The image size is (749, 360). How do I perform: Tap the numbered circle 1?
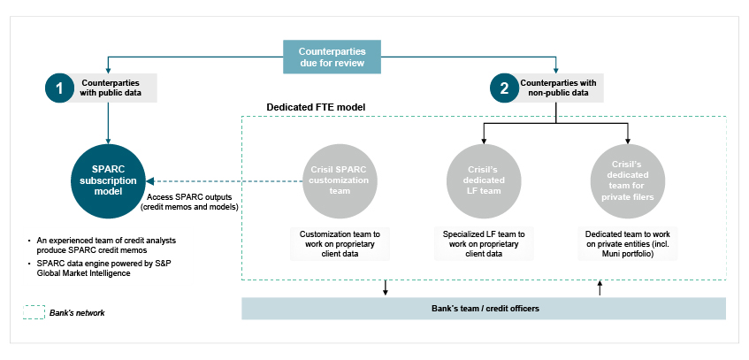59,88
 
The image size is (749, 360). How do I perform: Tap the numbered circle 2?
504,88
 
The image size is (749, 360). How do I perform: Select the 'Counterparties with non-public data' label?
556,88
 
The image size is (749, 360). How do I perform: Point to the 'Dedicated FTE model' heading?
316,107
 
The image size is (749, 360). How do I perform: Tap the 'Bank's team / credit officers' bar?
484,308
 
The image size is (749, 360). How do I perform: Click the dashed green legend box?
33,312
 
